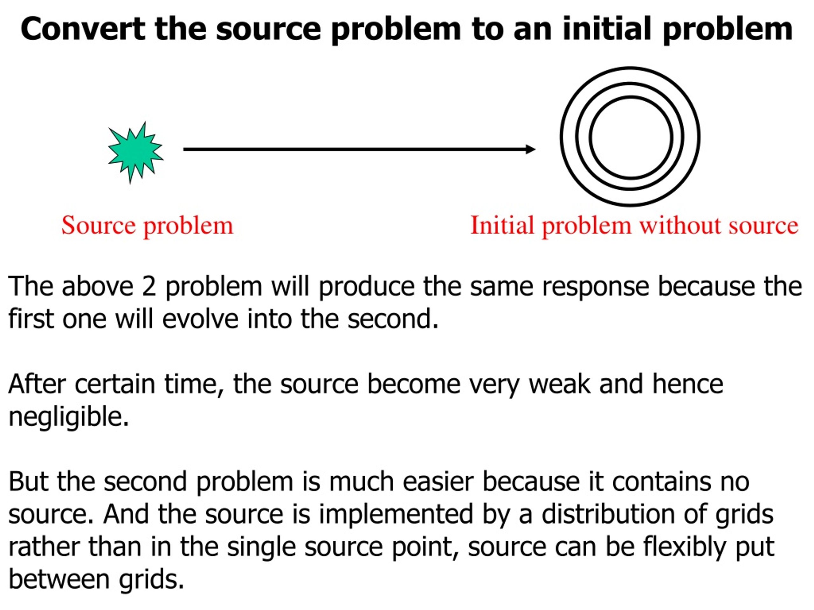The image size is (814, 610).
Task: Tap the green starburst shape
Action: click(x=135, y=152)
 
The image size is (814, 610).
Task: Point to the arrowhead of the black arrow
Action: click(x=530, y=149)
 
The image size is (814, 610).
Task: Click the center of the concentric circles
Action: click(x=630, y=137)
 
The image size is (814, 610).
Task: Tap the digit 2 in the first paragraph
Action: click(x=149, y=287)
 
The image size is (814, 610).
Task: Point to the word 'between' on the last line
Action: click(x=59, y=579)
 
